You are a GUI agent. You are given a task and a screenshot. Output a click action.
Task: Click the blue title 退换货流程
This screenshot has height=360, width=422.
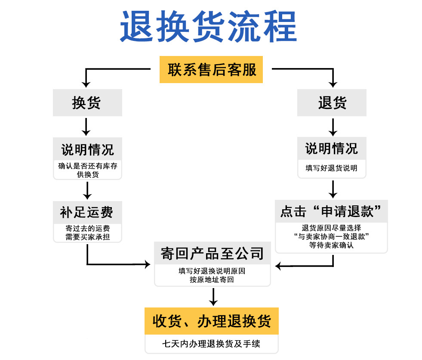[x=208, y=26]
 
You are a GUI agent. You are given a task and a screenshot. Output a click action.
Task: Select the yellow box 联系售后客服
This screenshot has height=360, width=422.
[x=211, y=69]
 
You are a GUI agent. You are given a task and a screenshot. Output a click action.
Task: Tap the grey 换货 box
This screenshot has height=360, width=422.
[x=87, y=103]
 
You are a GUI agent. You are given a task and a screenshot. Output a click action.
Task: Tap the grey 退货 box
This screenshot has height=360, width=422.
[x=332, y=103]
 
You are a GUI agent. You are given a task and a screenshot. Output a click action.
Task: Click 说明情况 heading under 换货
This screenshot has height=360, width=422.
[x=87, y=149]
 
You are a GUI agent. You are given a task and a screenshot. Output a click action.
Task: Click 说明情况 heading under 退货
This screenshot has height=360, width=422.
[x=332, y=149]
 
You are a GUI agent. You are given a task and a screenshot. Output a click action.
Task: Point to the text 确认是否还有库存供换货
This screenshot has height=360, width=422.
[x=87, y=170]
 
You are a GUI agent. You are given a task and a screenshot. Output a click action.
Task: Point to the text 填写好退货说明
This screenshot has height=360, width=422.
[x=332, y=168]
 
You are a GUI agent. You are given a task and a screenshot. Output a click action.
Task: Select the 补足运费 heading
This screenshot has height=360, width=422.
[x=87, y=212]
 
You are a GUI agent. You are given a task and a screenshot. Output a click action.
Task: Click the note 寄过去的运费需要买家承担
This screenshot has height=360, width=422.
[x=87, y=233]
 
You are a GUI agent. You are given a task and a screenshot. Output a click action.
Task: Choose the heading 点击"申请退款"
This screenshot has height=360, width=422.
[x=332, y=211]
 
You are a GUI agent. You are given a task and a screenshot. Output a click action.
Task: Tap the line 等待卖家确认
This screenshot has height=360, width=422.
[x=332, y=245]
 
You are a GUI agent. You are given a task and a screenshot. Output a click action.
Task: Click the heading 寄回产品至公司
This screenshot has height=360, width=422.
[x=213, y=253]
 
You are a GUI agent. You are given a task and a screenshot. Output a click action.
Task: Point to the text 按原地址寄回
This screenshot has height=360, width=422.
[x=213, y=280]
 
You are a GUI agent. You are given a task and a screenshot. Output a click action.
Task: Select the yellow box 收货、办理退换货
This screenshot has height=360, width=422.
[x=212, y=321]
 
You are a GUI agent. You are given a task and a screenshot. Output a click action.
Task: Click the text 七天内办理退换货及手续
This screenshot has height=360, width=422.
[x=212, y=344]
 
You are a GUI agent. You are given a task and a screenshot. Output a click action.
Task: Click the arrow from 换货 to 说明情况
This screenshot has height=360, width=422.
[x=87, y=127]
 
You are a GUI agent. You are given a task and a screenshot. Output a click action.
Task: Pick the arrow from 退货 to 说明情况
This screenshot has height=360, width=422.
[x=332, y=127]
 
